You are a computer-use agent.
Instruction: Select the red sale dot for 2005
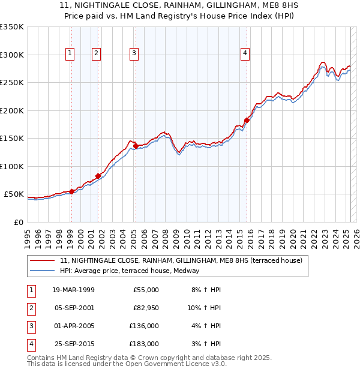(136, 146)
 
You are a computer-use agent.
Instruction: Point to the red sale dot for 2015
(247, 120)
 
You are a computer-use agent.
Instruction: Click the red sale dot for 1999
(71, 191)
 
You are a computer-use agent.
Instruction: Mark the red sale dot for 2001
(98, 176)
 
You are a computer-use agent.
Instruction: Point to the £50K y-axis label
(14, 194)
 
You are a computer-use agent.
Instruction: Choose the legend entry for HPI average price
(129, 271)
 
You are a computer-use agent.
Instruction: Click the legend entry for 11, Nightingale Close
(184, 260)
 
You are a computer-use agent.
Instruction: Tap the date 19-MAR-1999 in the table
(70, 290)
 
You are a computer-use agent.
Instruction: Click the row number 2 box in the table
(31, 308)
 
